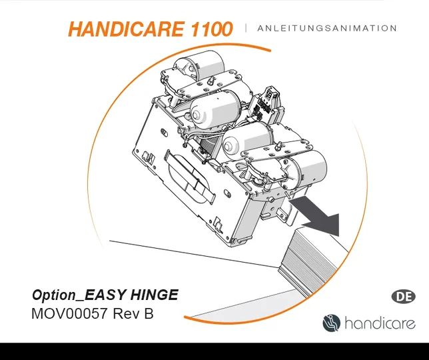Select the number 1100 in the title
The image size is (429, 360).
(x=209, y=29)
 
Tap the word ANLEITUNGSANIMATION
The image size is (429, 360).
(x=326, y=29)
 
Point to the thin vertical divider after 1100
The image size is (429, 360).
(x=246, y=28)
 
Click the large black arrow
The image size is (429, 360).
(x=318, y=213)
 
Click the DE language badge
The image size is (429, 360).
(x=402, y=297)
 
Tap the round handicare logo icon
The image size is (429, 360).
(x=331, y=323)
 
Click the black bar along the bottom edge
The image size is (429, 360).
(x=214, y=351)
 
